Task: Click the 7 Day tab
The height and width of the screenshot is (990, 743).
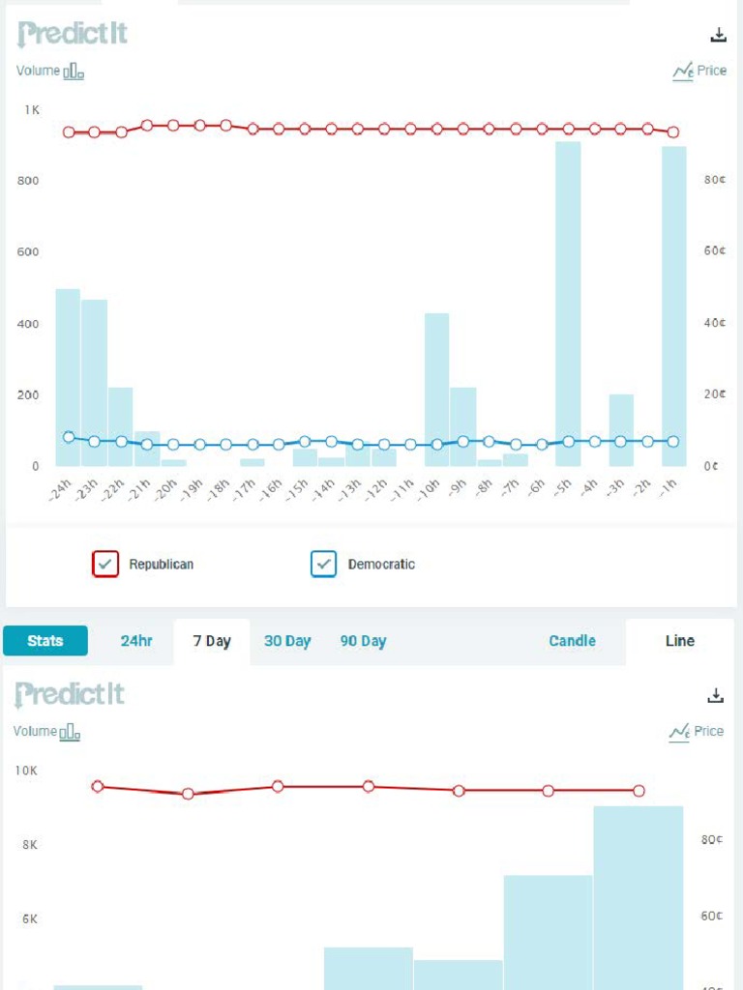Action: pos(212,641)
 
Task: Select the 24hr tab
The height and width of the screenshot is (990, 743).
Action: pos(136,641)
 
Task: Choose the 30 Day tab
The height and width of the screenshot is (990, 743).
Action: pos(287,641)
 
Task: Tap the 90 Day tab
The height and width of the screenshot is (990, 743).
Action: pos(363,641)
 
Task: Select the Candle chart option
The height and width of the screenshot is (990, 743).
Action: pos(572,641)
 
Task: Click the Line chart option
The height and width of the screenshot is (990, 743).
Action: pos(680,641)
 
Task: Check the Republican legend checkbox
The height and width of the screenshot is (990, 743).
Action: pos(105,564)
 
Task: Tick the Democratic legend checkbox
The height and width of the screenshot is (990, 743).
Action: pos(324,564)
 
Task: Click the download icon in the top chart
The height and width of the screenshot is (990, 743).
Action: pos(718,35)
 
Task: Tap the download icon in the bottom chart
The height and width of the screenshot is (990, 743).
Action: pos(716,695)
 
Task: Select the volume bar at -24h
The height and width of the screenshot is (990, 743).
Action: pos(68,377)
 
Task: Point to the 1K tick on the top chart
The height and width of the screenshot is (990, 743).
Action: pos(32,110)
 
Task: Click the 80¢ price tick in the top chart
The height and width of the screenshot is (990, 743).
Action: pos(714,180)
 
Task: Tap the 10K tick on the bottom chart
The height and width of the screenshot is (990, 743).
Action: pos(26,771)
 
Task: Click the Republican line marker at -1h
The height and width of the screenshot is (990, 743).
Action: pos(673,131)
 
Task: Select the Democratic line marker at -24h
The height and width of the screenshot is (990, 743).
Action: pos(69,437)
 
